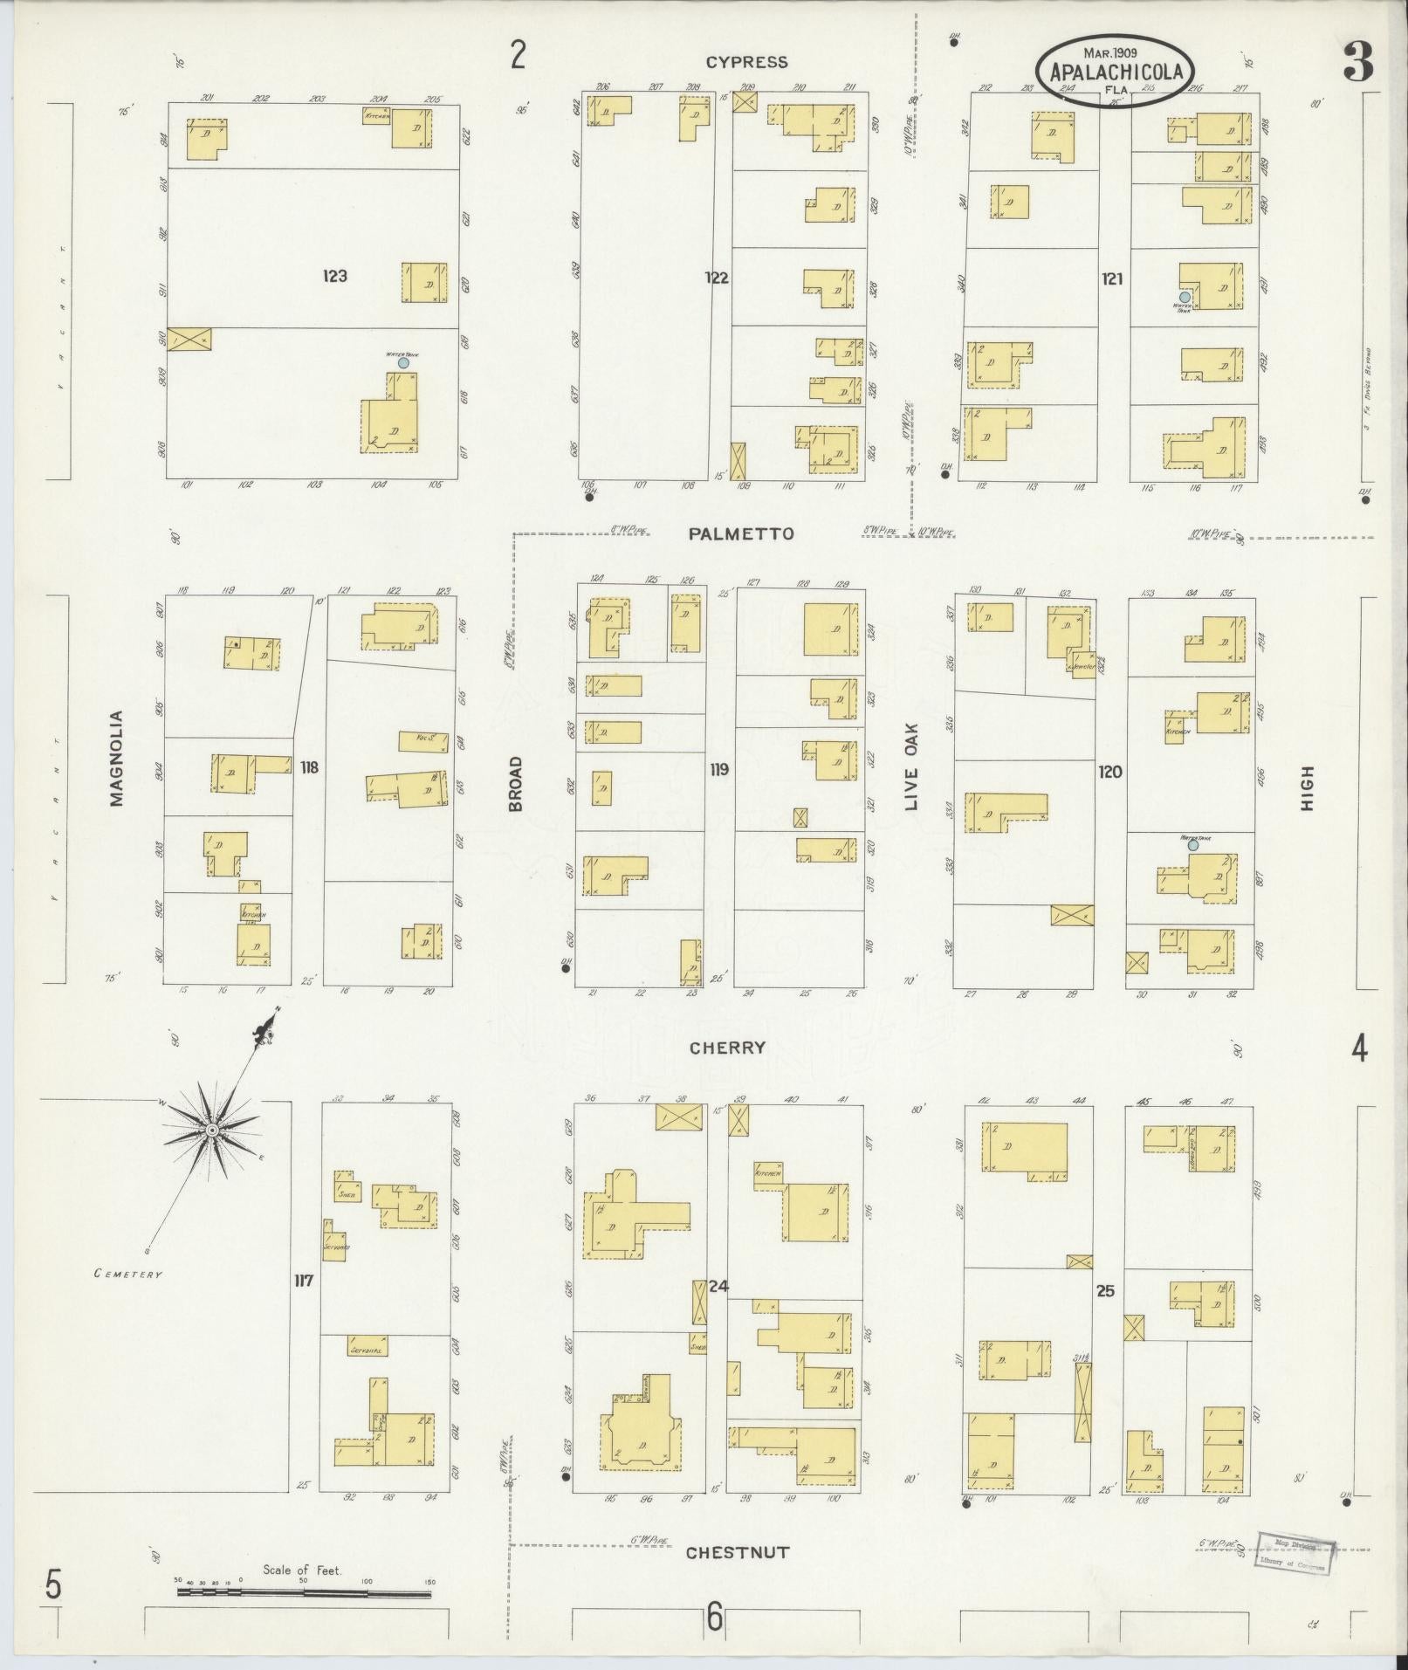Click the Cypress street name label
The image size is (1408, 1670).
(746, 62)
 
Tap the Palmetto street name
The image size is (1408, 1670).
(741, 534)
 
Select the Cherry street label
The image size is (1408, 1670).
(727, 1048)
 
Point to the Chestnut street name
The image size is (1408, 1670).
(737, 1553)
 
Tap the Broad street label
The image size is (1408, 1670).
(515, 784)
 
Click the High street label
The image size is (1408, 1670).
(1307, 788)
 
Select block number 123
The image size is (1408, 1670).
(334, 276)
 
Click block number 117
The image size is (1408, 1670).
(303, 1282)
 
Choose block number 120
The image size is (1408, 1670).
(1110, 772)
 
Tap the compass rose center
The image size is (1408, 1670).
(211, 1131)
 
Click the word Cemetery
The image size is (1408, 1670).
(128, 1274)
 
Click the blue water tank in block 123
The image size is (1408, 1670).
(403, 362)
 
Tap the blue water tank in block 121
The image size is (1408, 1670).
(1185, 298)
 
